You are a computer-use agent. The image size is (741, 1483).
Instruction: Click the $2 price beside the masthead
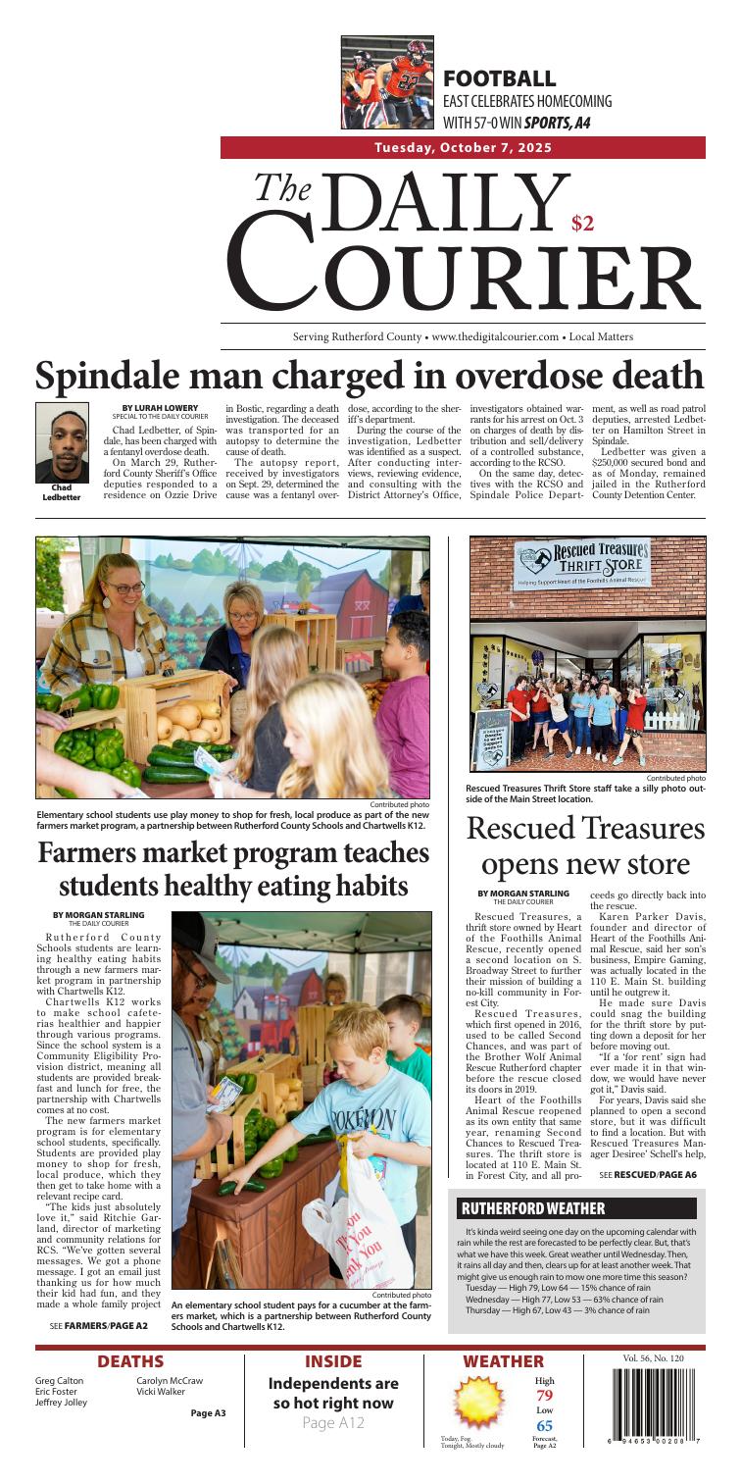(x=582, y=224)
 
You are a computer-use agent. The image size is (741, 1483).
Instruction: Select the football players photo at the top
(x=387, y=83)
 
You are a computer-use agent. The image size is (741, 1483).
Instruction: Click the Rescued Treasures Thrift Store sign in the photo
(x=586, y=568)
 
